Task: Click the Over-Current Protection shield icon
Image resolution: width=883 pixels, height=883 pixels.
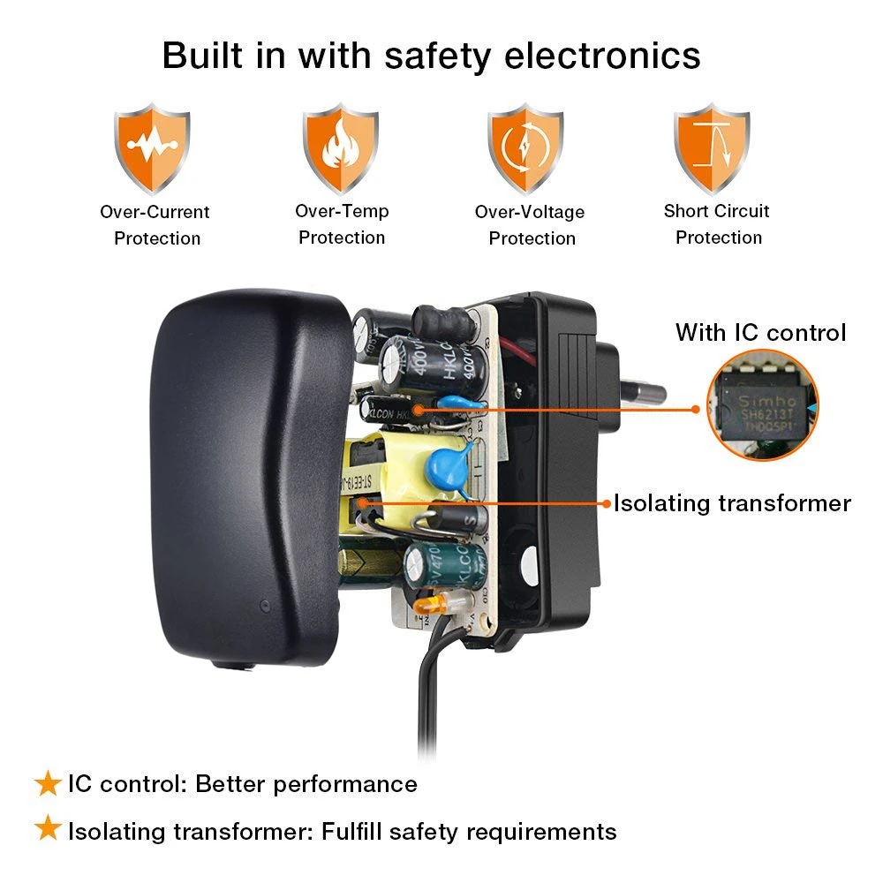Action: point(152,147)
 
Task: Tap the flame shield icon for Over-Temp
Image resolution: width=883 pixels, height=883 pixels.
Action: point(341,147)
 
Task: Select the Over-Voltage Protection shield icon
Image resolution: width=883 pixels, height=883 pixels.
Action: point(526,147)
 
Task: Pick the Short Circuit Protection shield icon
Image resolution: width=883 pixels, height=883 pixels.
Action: point(713,147)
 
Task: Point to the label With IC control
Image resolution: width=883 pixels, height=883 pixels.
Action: point(760,332)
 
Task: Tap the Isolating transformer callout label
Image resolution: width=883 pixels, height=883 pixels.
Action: point(732,503)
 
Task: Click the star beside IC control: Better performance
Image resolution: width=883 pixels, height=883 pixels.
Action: point(46,783)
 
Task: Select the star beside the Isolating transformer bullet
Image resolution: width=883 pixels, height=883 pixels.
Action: point(46,830)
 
